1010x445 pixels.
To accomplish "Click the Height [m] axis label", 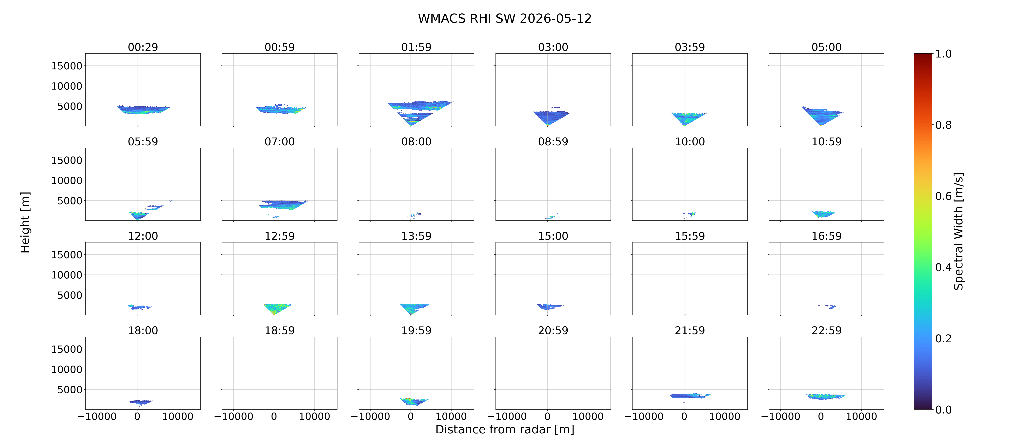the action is (25, 222).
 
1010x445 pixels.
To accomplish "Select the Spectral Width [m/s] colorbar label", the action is (958, 231).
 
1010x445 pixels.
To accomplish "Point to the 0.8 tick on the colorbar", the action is (943, 125).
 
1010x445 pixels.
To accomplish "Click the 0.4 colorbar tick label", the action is (943, 267).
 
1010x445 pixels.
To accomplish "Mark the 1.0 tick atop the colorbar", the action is (943, 54).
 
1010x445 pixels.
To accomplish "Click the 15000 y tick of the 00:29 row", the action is (67, 66).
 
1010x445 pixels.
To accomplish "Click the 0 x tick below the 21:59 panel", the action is (684, 416).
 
